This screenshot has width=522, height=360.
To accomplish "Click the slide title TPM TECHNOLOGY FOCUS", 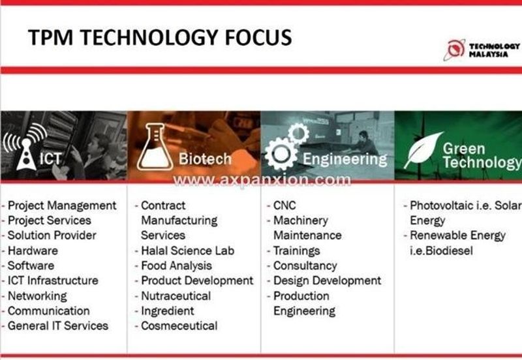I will (x=160, y=37).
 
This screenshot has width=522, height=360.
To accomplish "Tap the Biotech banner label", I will (x=205, y=158).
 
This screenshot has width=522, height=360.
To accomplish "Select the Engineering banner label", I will (x=344, y=158).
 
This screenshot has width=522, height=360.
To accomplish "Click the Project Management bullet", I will (x=62, y=205).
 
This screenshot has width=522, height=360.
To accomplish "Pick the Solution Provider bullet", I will (x=52, y=235).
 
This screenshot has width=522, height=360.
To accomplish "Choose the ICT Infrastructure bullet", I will (x=53, y=280).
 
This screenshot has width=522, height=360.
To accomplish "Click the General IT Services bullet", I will (x=57, y=325).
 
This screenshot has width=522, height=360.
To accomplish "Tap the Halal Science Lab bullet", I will (x=187, y=250).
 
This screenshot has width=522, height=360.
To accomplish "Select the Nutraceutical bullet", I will (x=176, y=295).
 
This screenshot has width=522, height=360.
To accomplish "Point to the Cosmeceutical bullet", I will (x=179, y=325).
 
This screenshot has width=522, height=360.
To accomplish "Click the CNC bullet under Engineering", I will (x=284, y=205).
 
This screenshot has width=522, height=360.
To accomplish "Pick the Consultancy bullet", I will (x=305, y=265).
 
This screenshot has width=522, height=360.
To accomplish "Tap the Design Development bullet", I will (x=327, y=280).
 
